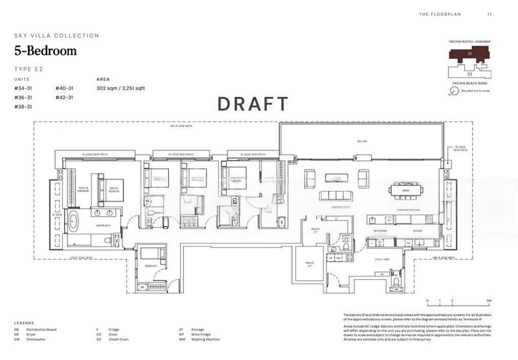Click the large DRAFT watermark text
coord(253,104)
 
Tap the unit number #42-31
coord(65,97)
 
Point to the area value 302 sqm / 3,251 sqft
coord(120,88)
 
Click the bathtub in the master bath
coord(75,224)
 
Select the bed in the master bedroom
coord(109,186)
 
